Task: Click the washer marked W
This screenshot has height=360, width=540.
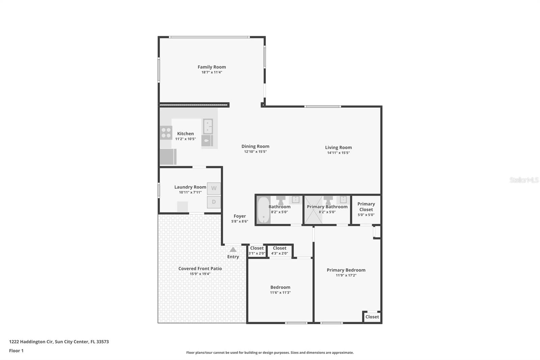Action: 214,188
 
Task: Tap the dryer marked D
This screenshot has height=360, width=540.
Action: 214,202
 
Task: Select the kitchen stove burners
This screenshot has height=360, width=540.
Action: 166,133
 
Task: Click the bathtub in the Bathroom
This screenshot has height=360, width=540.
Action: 264,210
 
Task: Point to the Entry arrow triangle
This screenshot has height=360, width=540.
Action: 233,250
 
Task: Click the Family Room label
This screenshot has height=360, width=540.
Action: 212,67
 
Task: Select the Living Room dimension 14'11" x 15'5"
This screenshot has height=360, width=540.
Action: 338,153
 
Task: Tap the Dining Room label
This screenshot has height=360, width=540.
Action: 255,146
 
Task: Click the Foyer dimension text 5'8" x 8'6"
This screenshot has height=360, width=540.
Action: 240,221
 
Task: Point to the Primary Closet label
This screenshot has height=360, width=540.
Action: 366,207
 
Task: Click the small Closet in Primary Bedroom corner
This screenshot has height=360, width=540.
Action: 372,317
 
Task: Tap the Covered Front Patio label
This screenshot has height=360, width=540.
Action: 200,268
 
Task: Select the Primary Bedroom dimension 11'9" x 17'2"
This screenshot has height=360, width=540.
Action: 346,275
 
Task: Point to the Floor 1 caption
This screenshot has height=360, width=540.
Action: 16,351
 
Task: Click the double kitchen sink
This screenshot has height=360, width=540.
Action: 208,126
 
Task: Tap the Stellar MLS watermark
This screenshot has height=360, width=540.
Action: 524,180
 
